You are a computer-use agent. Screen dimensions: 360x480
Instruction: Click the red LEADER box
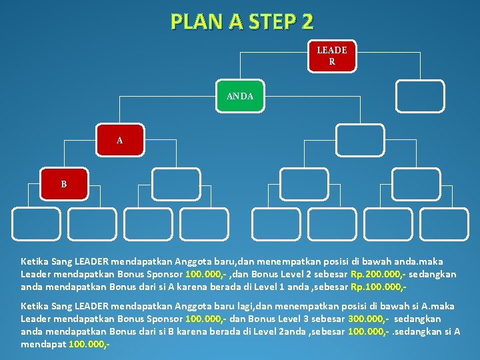click(331, 56)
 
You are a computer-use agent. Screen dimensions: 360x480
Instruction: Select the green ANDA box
click(239, 97)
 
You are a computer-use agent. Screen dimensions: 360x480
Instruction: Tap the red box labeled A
click(119, 141)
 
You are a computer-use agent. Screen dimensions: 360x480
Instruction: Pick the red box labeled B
click(64, 184)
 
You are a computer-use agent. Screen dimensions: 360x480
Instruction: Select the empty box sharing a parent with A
click(359, 140)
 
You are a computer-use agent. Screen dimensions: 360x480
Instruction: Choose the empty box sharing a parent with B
click(175, 184)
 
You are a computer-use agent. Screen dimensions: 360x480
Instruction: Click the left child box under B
click(36, 224)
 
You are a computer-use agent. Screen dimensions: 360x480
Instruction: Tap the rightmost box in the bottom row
click(445, 224)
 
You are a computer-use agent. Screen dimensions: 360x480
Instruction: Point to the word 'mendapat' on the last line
click(41, 345)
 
